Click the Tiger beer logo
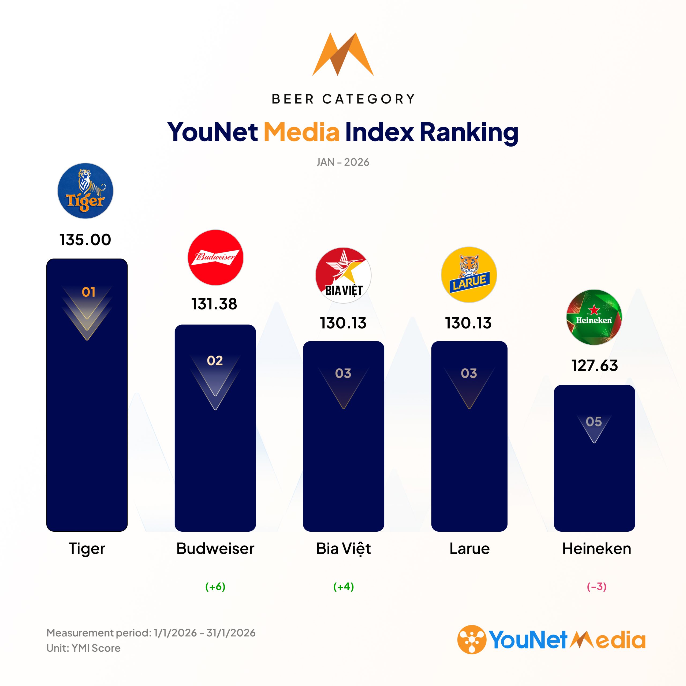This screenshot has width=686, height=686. (85, 191)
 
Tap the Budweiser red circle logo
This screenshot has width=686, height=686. (215, 258)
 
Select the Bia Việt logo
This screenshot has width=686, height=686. (343, 275)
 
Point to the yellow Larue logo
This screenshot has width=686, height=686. (469, 274)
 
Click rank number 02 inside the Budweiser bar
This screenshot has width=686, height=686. (215, 361)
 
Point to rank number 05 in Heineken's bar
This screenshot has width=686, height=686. (594, 422)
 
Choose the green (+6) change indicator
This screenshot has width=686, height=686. (215, 587)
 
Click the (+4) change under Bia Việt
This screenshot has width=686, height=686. (343, 587)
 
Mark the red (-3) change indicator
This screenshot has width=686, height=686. (596, 587)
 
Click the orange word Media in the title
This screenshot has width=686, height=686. (301, 132)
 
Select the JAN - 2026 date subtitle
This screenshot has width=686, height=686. (343, 162)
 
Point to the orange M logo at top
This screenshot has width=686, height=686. (343, 54)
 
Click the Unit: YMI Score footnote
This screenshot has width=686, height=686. (83, 648)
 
